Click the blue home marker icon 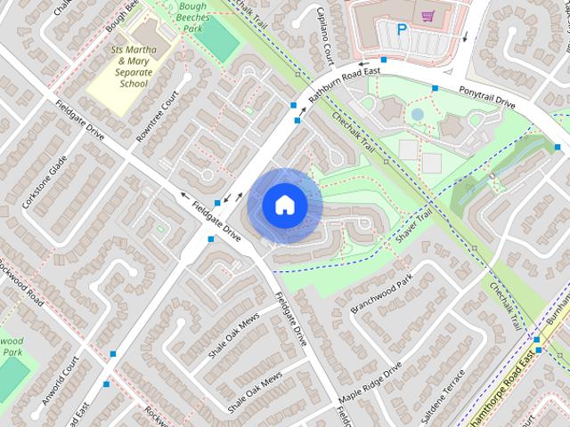tap(284, 205)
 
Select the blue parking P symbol tap(402, 29)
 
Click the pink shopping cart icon tap(428, 16)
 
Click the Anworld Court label tap(68, 377)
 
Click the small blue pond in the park tap(417, 114)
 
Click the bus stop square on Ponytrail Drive tap(435, 88)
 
